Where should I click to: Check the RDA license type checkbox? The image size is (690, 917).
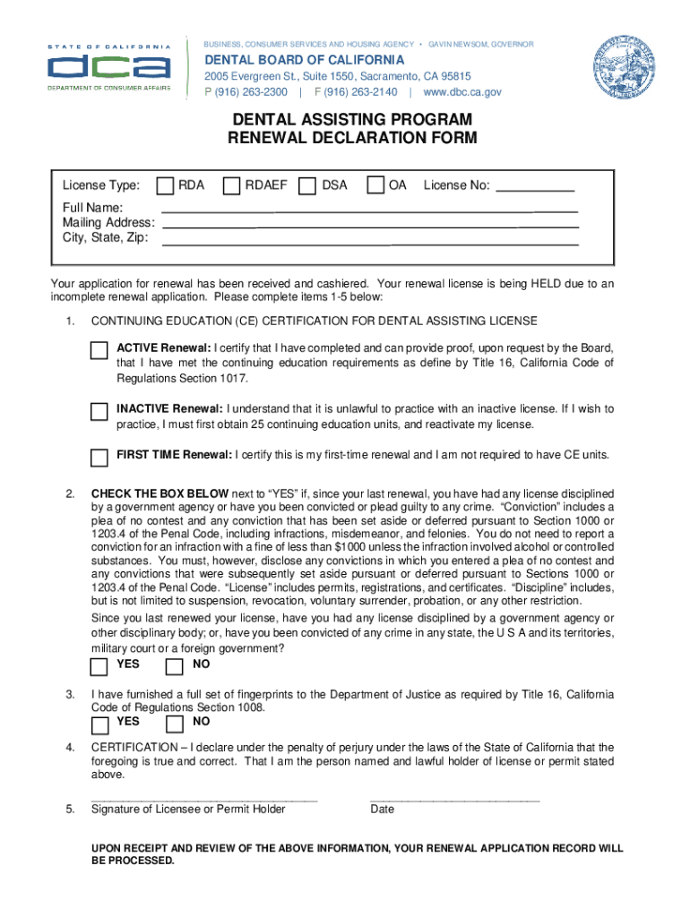click(x=165, y=185)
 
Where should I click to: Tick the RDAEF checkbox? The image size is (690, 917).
click(x=231, y=185)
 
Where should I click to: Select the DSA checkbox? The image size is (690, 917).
click(x=307, y=185)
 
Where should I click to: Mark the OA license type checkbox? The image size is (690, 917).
click(x=377, y=185)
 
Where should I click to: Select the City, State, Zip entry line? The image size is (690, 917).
click(x=369, y=242)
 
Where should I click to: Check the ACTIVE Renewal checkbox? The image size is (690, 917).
click(x=99, y=350)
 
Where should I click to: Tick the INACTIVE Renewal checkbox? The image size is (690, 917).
click(x=99, y=412)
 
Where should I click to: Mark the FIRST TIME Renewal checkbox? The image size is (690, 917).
click(x=99, y=458)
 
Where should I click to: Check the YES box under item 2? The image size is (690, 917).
click(x=99, y=666)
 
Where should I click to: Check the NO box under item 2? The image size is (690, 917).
click(x=175, y=666)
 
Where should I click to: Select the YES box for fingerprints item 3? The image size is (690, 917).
click(x=99, y=723)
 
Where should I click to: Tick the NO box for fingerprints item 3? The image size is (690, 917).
click(x=175, y=723)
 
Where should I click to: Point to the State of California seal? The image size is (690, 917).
click(x=624, y=67)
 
